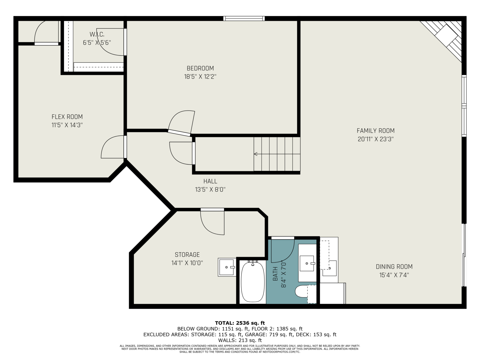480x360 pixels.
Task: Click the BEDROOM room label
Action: tap(200, 68)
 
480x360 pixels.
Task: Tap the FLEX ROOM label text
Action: tap(67, 117)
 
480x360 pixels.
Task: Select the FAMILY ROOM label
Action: tap(376, 131)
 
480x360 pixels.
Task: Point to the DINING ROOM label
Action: tap(394, 267)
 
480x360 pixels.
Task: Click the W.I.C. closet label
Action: tap(97, 34)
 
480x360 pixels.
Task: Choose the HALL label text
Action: tap(210, 181)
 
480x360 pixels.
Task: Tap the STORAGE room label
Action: tap(187, 255)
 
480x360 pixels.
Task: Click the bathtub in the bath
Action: tap(253, 282)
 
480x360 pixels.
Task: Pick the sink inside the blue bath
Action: tap(307, 263)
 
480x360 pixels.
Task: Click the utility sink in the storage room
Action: tap(227, 267)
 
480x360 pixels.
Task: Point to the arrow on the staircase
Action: tap(277, 154)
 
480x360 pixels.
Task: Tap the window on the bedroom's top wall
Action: tap(244, 19)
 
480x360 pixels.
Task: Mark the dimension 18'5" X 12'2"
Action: tap(200, 77)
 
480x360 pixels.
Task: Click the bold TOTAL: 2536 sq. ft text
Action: tap(240, 323)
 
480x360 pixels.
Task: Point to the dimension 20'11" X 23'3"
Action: tap(376, 139)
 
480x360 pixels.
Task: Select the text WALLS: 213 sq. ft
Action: tap(240, 340)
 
